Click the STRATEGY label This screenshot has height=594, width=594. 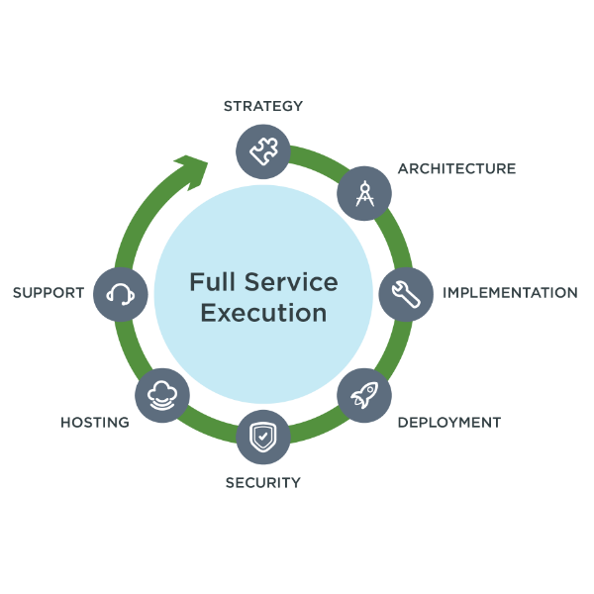coord(263,106)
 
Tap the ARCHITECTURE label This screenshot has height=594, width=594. coord(456,168)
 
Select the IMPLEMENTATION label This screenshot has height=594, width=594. coord(510,293)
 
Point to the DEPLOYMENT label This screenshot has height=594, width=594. coord(449,423)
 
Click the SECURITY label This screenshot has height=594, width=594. coord(263,483)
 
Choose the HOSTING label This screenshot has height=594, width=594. coord(95,423)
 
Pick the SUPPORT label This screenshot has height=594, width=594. coord(49,293)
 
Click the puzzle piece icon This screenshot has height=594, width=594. coord(263,151)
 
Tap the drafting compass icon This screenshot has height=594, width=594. coord(364,194)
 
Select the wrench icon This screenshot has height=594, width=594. coord(406,294)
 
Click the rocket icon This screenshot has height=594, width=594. coord(364,395)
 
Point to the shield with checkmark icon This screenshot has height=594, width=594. coord(263,437)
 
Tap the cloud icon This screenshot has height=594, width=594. coord(162,395)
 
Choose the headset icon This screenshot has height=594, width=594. coord(121,294)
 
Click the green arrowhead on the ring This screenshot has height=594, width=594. coord(193,171)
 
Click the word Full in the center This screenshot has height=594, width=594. coord(212,282)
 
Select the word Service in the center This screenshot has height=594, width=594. coord(291,282)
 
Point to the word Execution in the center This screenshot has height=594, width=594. coord(263,313)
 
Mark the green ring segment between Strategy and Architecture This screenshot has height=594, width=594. coord(318,159)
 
